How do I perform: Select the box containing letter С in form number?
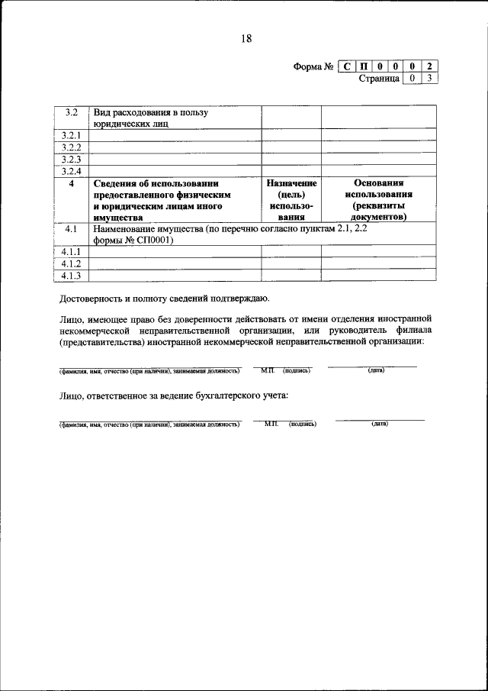(x=346, y=66)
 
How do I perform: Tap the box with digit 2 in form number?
(x=430, y=66)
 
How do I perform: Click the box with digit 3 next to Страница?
(x=430, y=78)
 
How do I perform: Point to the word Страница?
(x=380, y=78)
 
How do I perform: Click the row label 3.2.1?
(x=72, y=135)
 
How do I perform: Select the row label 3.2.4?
(x=72, y=171)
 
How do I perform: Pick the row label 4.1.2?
(x=72, y=263)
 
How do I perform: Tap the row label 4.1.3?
(x=72, y=276)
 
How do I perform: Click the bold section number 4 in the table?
(x=72, y=183)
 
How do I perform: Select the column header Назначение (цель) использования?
(x=291, y=200)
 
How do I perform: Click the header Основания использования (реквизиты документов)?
(x=378, y=200)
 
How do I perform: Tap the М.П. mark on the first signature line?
(x=267, y=371)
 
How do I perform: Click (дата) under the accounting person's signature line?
(x=380, y=424)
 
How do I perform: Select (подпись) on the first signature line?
(x=297, y=371)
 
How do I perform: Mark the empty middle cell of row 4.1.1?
(x=291, y=251)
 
